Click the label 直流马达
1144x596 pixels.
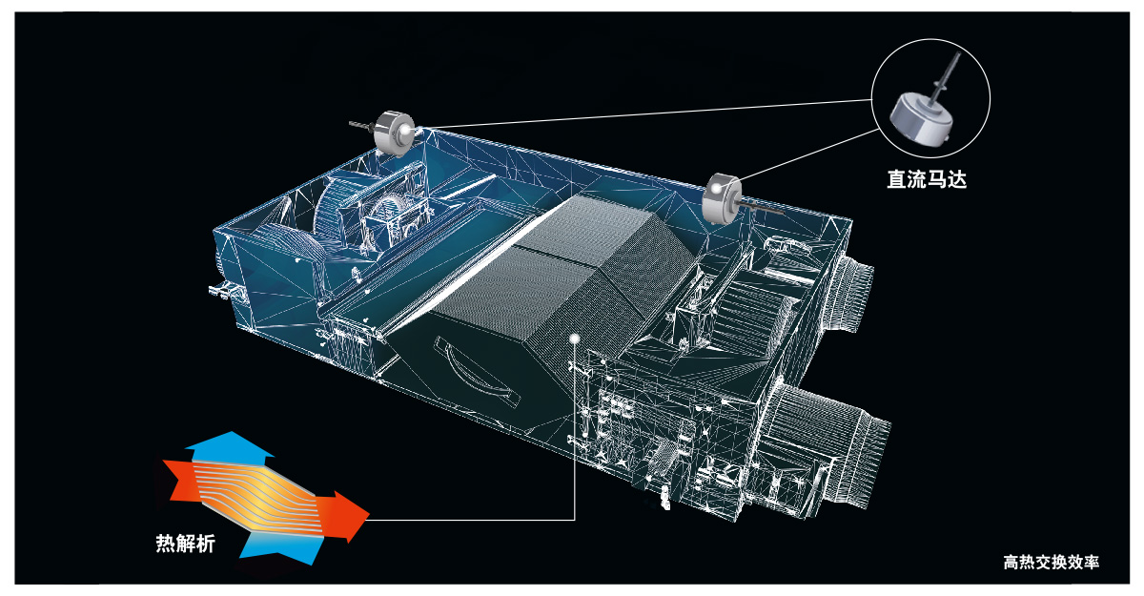[x=927, y=179]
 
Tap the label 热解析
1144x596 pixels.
[x=185, y=544]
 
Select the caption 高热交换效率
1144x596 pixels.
[x=1051, y=563]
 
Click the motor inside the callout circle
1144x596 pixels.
[x=918, y=119]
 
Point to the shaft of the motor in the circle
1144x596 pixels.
[x=946, y=76]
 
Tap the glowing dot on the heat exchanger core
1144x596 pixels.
[x=575, y=339]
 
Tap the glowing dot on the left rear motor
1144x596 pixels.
[x=406, y=132]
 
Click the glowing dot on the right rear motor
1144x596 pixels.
[x=717, y=190]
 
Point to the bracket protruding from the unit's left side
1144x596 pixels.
[x=225, y=291]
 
